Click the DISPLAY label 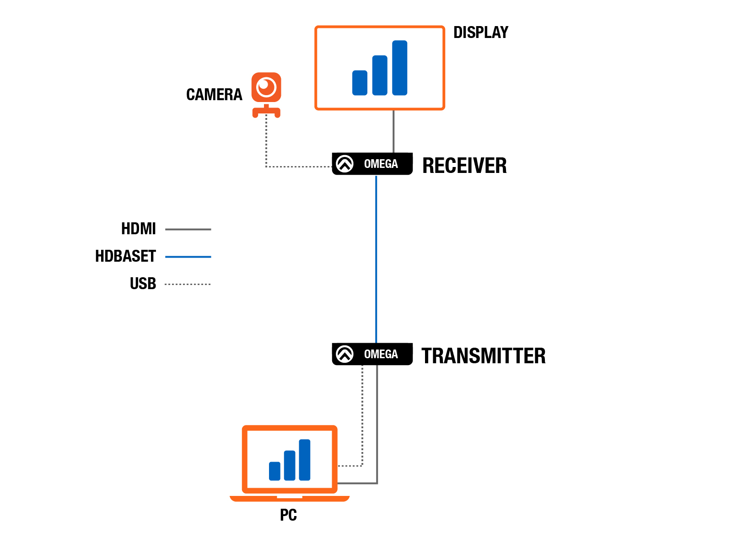point(480,32)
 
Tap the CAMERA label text point(214,94)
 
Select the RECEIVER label point(464,165)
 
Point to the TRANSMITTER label point(483,355)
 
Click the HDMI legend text point(138,229)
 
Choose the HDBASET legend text point(125,256)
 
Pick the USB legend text point(142,283)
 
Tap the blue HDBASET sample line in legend point(188,256)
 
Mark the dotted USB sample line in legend point(188,284)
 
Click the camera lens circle point(266,86)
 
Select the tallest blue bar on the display point(399,68)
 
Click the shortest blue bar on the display point(359,83)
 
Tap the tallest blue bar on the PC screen point(304,459)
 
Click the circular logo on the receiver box point(344,164)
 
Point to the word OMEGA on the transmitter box point(381,354)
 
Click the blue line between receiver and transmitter point(376,259)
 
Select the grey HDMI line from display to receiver point(393,131)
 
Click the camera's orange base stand point(266,111)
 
